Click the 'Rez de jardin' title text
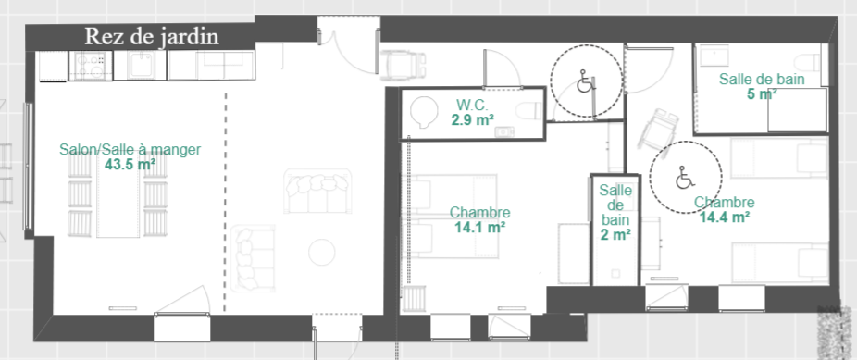click(x=152, y=37)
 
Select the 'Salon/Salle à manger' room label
click(x=130, y=150)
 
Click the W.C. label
click(x=469, y=104)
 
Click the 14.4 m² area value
click(x=724, y=217)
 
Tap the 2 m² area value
click(x=615, y=234)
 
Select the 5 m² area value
click(x=762, y=93)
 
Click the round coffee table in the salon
click(x=322, y=252)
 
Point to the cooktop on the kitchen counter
click(x=90, y=66)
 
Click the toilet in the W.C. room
click(x=528, y=111)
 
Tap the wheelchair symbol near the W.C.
click(x=585, y=83)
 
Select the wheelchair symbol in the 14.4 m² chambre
click(x=684, y=178)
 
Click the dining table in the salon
click(x=118, y=200)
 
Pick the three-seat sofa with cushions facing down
click(x=317, y=192)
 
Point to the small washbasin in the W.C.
click(x=503, y=131)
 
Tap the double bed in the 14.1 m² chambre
click(x=453, y=217)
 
